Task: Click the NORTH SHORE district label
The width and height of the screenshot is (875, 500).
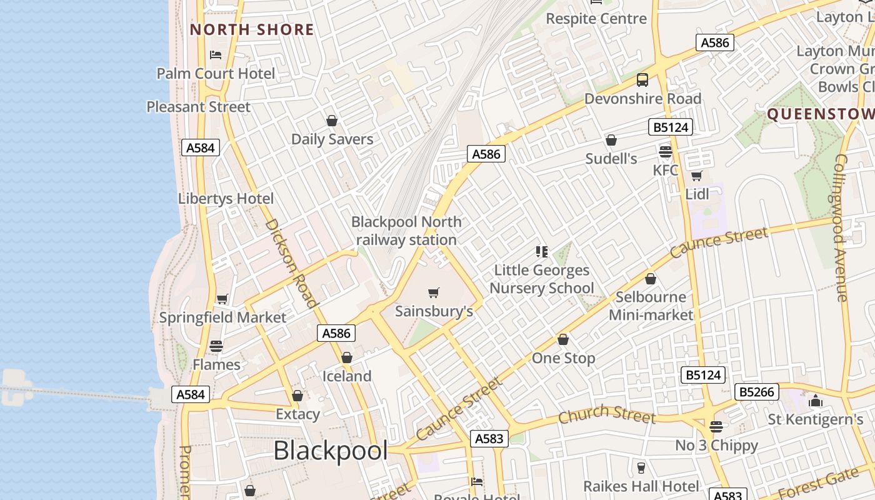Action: click(252, 29)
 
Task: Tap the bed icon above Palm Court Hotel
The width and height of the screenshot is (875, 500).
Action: click(216, 55)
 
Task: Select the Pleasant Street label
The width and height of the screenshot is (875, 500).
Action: click(198, 107)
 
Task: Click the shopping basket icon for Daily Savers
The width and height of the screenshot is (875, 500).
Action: click(332, 121)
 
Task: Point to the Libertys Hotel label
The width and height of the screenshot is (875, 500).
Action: click(226, 199)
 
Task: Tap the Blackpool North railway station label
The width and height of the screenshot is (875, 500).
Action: click(406, 231)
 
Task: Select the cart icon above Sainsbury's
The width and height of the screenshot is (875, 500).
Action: click(434, 292)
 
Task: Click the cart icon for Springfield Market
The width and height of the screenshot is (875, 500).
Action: click(222, 299)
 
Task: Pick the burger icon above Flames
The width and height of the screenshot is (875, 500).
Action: click(216, 346)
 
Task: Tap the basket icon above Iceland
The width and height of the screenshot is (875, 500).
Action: click(347, 357)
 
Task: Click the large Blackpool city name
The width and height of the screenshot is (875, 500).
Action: click(331, 450)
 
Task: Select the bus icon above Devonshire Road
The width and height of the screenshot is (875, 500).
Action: click(642, 80)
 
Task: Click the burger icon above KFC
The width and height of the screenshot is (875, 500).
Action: click(666, 151)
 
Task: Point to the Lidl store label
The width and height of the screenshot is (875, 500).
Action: click(697, 194)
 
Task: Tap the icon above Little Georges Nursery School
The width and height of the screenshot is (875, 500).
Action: click(542, 252)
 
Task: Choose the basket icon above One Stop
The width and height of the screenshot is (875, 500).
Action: click(563, 339)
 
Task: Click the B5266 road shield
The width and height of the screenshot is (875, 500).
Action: click(756, 392)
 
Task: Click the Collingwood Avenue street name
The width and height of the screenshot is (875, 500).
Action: click(841, 228)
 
